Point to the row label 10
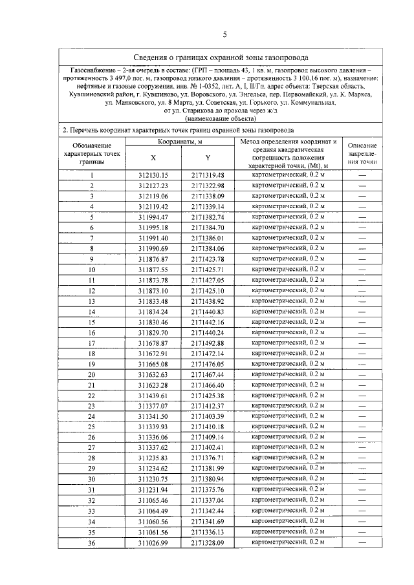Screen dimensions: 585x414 pos(92,270)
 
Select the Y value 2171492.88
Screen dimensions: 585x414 pos(208,343)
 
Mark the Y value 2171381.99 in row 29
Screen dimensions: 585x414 pos(208,468)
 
